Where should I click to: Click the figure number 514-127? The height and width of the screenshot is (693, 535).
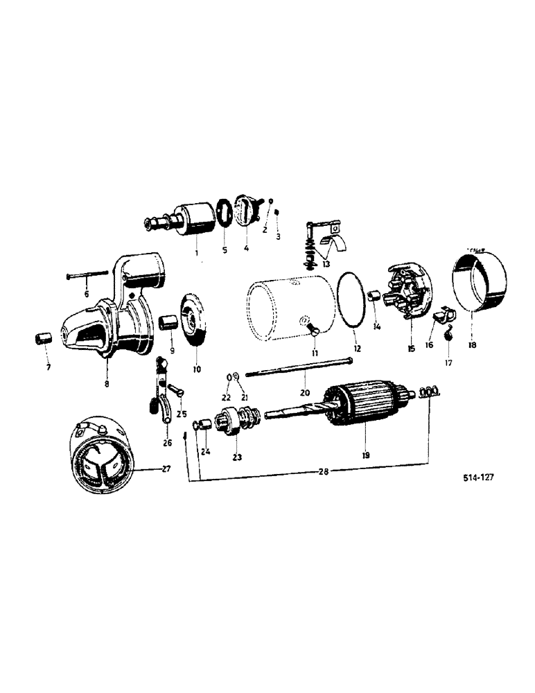tap(482, 477)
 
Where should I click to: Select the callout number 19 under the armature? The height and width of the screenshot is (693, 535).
tap(365, 455)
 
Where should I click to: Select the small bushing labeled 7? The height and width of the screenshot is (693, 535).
tap(43, 342)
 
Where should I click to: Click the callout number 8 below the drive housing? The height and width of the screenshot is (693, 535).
tap(107, 381)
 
